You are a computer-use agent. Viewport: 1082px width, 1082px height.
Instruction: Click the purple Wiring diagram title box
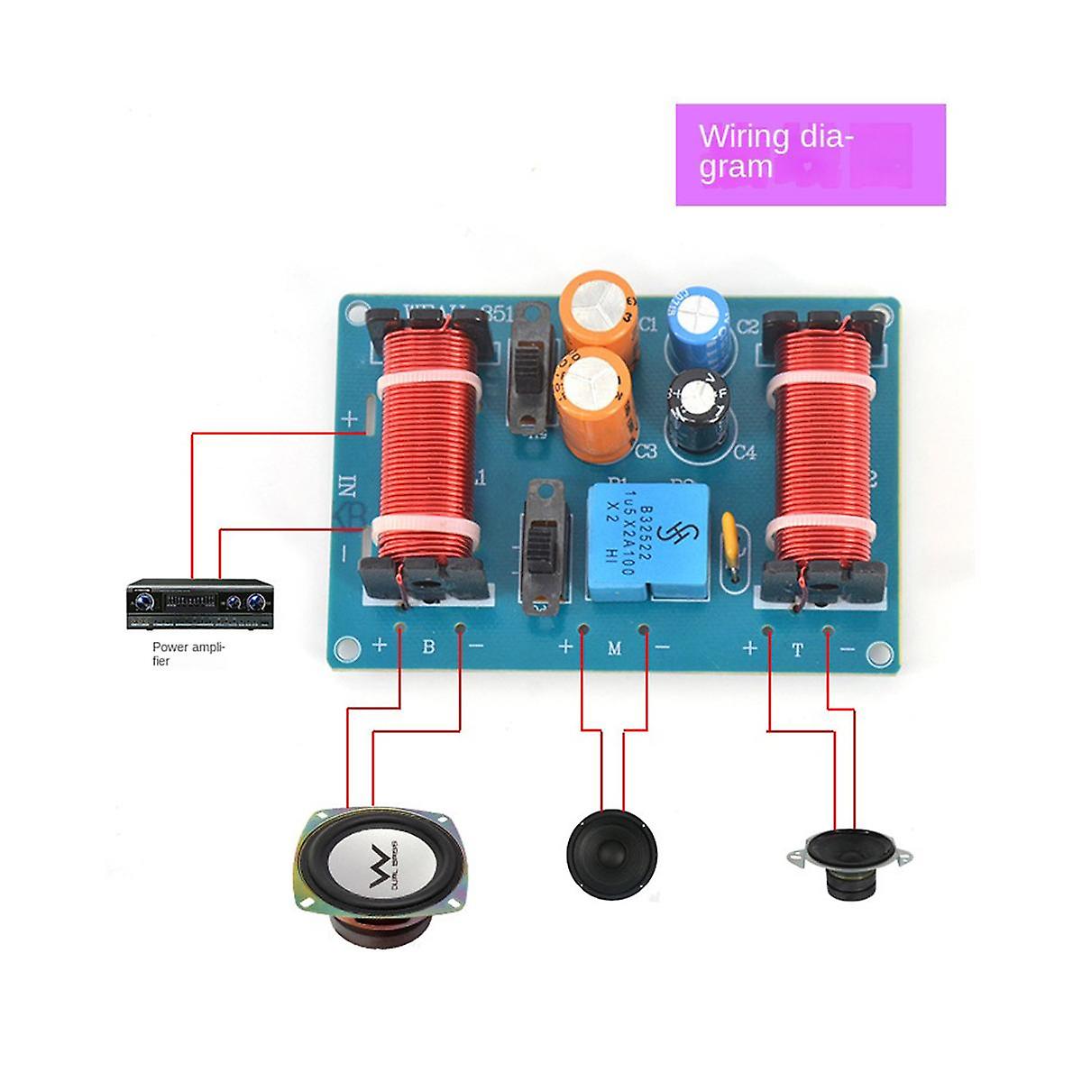810,154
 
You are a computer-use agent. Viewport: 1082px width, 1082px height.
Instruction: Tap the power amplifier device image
198,604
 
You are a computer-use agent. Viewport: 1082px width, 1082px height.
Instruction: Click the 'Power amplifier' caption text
188,654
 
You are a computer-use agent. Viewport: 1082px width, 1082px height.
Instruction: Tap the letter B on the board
428,646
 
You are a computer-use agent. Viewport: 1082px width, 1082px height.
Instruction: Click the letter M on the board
614,647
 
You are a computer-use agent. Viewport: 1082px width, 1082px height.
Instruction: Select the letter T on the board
797,649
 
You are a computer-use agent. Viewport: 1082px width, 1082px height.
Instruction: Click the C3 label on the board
646,451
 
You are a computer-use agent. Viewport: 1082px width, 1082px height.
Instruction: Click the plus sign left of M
566,646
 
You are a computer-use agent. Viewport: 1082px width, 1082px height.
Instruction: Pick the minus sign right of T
847,649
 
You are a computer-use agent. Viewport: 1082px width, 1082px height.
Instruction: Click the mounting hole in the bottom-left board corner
344,647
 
